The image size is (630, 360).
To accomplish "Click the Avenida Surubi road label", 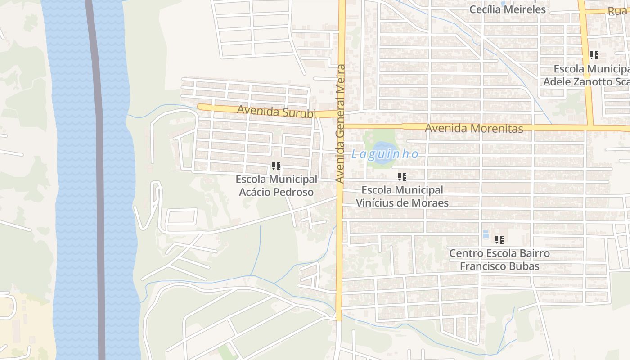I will (276, 111).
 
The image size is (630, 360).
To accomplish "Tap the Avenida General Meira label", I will (340, 123).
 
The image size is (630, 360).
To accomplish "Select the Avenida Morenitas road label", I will (474, 128).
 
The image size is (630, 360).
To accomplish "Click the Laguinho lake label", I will (385, 154).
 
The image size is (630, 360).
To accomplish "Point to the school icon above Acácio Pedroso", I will (276, 166).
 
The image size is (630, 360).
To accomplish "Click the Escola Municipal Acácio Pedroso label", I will (276, 185).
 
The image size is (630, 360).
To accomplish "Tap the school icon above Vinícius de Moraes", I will (402, 177).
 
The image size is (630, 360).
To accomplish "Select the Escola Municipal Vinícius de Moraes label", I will (402, 196).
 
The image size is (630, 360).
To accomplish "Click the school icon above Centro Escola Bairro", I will (499, 240).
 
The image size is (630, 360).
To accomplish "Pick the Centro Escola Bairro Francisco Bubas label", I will (499, 260).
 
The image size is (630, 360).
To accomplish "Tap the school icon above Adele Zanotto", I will (594, 56).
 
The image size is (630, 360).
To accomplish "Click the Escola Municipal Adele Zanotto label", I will (587, 75).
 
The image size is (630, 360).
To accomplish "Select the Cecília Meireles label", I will (507, 9).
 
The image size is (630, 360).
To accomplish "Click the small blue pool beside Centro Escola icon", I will (486, 234).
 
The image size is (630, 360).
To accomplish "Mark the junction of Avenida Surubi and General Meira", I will (341, 113).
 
